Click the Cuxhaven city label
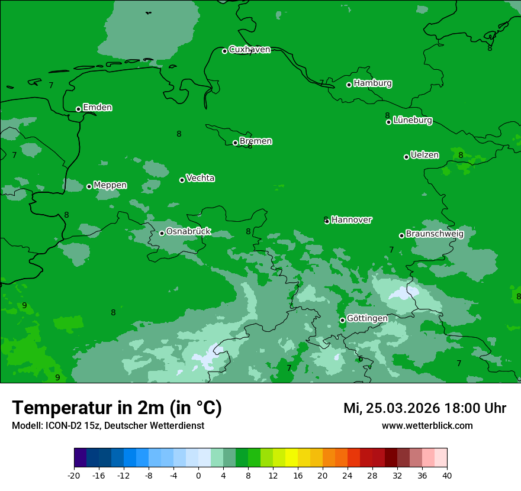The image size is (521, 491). (x=249, y=50)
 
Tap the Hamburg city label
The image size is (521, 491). (x=372, y=83)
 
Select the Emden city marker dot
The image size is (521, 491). (x=78, y=109)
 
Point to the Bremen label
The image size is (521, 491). (x=255, y=141)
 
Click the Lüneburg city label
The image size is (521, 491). (x=412, y=121)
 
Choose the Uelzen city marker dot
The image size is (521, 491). (x=406, y=157)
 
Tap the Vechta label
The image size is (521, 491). (x=200, y=179)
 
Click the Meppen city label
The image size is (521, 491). (x=110, y=186)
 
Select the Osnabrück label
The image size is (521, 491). (x=188, y=232)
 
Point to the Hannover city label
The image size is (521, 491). (x=351, y=220)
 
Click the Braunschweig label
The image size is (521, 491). (x=434, y=234)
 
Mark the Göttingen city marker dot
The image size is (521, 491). (x=342, y=320)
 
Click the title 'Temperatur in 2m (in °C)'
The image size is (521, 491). (x=117, y=408)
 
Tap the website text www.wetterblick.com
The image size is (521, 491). (x=427, y=426)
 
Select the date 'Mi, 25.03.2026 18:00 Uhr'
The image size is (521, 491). (x=424, y=408)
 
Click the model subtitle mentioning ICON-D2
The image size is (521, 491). (x=108, y=426)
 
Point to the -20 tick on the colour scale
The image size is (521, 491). (x=74, y=475)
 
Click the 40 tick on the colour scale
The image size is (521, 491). (x=447, y=475)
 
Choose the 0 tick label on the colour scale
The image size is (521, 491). (x=198, y=475)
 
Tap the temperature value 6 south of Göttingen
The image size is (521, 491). (x=361, y=359)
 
